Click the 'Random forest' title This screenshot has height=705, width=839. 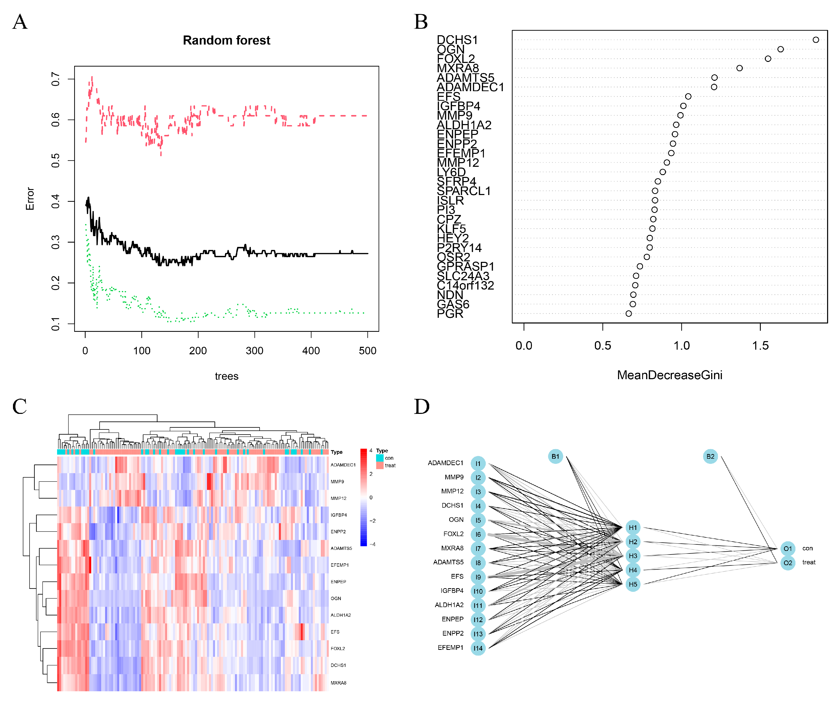(x=226, y=40)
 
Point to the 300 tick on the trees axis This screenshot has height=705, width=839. (x=254, y=350)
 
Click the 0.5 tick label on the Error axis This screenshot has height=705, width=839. (x=55, y=161)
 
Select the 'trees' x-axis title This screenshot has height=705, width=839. (x=226, y=376)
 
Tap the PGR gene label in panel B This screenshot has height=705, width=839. (x=450, y=314)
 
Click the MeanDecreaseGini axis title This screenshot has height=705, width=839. (x=669, y=375)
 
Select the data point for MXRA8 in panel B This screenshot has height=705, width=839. (x=739, y=68)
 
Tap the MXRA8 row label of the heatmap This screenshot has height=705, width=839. (x=338, y=683)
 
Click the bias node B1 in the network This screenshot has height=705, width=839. (x=555, y=456)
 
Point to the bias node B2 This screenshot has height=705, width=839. (x=710, y=456)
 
